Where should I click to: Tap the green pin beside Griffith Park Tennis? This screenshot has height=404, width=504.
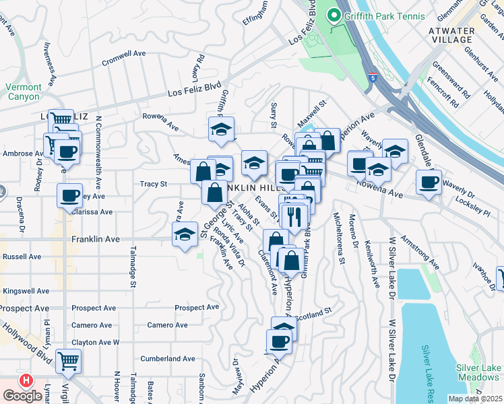(x=332, y=15)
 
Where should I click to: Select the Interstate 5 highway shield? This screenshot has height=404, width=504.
(x=373, y=77)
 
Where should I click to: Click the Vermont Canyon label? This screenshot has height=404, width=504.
(x=24, y=92)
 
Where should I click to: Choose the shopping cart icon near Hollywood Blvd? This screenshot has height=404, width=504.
(x=69, y=362)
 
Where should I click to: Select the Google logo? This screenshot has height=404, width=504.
(x=22, y=396)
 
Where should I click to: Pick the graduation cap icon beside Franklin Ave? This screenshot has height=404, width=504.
(x=184, y=235)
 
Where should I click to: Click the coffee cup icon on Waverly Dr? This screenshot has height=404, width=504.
(x=428, y=181)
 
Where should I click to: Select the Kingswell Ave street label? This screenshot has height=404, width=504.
(x=26, y=291)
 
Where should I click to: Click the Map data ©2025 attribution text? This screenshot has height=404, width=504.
(x=475, y=399)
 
